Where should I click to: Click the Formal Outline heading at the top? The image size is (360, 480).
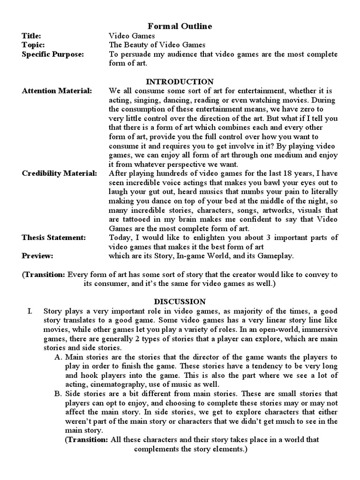180,26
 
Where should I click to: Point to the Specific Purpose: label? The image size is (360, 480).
53,54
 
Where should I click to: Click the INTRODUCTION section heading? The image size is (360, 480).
180,82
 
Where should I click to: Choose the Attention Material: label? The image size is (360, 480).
57,90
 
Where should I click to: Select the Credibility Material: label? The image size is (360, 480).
60,173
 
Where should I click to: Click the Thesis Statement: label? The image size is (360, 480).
54,238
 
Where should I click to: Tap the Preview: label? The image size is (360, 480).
37,256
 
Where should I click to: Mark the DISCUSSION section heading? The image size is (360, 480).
180,301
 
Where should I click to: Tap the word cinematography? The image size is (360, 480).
114,384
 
